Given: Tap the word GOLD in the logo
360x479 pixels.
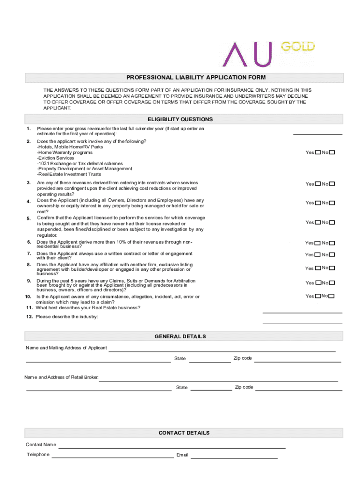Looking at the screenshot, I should [x=297, y=47].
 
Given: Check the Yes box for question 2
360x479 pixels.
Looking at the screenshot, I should [x=318, y=152].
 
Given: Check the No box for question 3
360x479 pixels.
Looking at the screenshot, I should [x=332, y=184].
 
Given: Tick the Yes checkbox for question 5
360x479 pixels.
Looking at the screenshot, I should [x=318, y=223].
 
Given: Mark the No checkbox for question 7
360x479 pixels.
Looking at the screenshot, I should [x=332, y=255].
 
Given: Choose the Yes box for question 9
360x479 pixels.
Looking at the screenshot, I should [x=318, y=283].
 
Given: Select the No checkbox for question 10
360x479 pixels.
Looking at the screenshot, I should [x=332, y=296].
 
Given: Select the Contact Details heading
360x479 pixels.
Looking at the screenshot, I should [x=184, y=433].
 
